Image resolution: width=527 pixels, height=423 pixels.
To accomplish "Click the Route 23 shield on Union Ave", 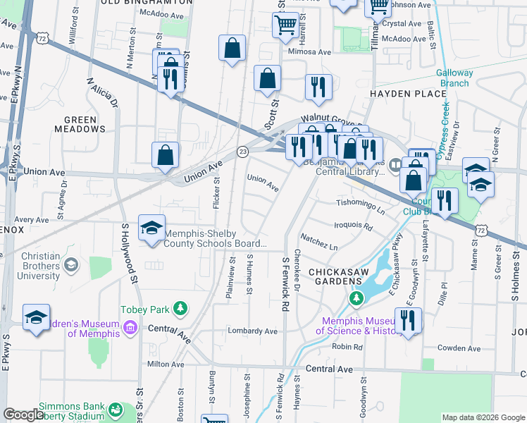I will tap(243, 151).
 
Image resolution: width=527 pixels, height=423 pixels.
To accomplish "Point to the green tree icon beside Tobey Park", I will tap(181, 309).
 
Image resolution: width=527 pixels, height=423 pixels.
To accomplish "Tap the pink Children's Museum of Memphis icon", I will tap(129, 326).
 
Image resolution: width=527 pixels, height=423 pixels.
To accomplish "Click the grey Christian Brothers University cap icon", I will tap(70, 264).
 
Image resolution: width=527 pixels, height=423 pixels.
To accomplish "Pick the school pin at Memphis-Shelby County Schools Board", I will tap(151, 228).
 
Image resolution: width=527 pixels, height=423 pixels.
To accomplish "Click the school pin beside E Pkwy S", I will tap(36, 318).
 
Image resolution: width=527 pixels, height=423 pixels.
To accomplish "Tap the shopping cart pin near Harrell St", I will tap(285, 25).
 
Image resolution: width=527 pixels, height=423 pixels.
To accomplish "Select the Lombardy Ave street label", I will tap(252, 331).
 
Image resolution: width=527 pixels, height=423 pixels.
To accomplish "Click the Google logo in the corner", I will tap(23, 415).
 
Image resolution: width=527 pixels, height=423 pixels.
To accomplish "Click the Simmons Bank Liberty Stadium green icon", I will tap(113, 409).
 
